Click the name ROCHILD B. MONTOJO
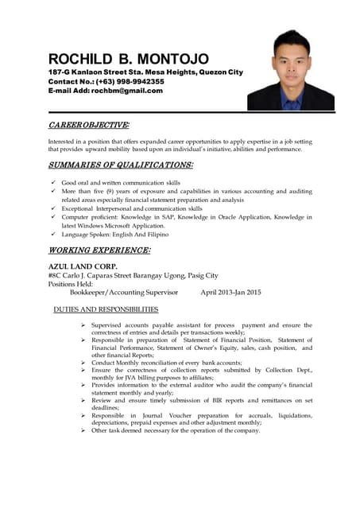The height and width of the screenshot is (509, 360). [128, 59]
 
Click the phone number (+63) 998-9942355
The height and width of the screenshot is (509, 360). [129, 82]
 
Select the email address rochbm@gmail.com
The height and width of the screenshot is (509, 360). [127, 91]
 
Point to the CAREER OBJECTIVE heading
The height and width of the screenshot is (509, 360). [88, 126]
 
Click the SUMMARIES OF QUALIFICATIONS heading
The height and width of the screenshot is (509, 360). [120, 165]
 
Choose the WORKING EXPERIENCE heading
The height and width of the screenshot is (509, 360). [99, 250]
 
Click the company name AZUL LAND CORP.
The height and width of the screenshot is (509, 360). [83, 266]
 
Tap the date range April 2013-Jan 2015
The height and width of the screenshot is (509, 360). [230, 293]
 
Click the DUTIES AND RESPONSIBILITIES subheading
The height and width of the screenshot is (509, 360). [106, 309]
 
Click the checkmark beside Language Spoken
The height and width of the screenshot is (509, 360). [52, 235]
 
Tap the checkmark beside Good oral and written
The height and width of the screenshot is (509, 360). [52, 182]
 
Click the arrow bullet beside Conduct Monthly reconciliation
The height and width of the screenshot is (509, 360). [83, 363]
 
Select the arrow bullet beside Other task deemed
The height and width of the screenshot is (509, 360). [83, 430]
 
